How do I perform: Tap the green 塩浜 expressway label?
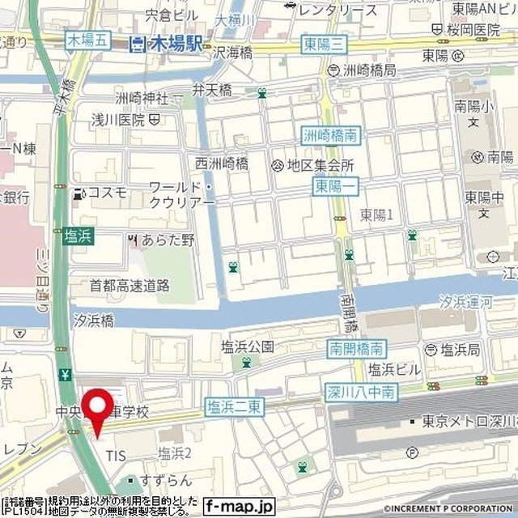coord(78,236)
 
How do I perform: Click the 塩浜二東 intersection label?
coord(233,406)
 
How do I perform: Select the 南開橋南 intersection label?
coord(357,349)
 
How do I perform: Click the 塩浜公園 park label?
coord(248,346)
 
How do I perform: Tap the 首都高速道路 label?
coord(129,285)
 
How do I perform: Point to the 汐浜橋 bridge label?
coord(93,320)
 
